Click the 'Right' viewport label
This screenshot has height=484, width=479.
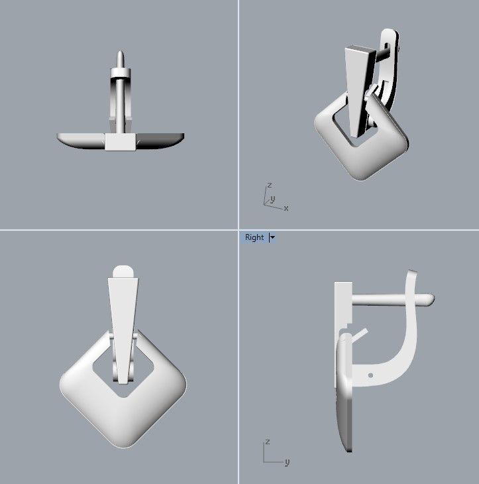tap(254, 237)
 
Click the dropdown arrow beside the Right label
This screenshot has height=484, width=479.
tap(272, 237)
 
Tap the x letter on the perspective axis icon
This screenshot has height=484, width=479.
tap(286, 208)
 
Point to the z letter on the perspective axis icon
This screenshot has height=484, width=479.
tap(269, 185)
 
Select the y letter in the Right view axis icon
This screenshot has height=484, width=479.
tap(287, 461)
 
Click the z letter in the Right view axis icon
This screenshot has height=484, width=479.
tap(266, 441)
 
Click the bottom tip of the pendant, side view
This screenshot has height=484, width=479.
tap(348, 449)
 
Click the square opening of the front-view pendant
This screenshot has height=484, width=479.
tap(123, 371)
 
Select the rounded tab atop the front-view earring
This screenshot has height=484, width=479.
tap(123, 271)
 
